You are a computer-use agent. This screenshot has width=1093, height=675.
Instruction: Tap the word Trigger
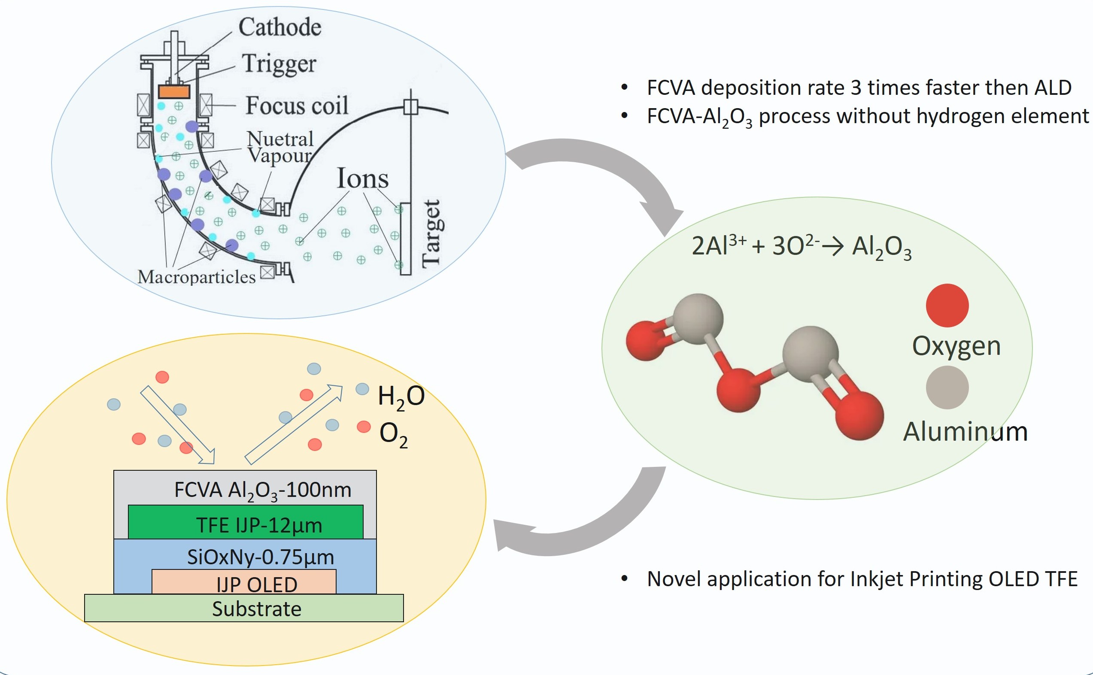click(x=279, y=64)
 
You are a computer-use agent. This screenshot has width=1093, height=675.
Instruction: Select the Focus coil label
click(x=297, y=106)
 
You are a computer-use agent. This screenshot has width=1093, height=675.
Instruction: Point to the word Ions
click(x=362, y=179)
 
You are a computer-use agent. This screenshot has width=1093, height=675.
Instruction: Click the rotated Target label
click(x=431, y=234)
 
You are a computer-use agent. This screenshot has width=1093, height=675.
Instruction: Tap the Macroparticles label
click(x=197, y=277)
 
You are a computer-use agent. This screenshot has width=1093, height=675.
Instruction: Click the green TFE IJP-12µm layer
click(x=246, y=522)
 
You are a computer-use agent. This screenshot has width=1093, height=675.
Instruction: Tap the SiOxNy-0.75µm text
click(x=260, y=557)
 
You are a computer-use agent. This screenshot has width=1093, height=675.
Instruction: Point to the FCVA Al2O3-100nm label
click(x=263, y=490)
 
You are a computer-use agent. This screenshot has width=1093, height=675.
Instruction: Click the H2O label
click(x=401, y=396)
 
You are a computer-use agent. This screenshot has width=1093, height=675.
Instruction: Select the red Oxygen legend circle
click(x=947, y=306)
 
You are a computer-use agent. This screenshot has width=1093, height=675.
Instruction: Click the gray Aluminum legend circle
click(x=947, y=387)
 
